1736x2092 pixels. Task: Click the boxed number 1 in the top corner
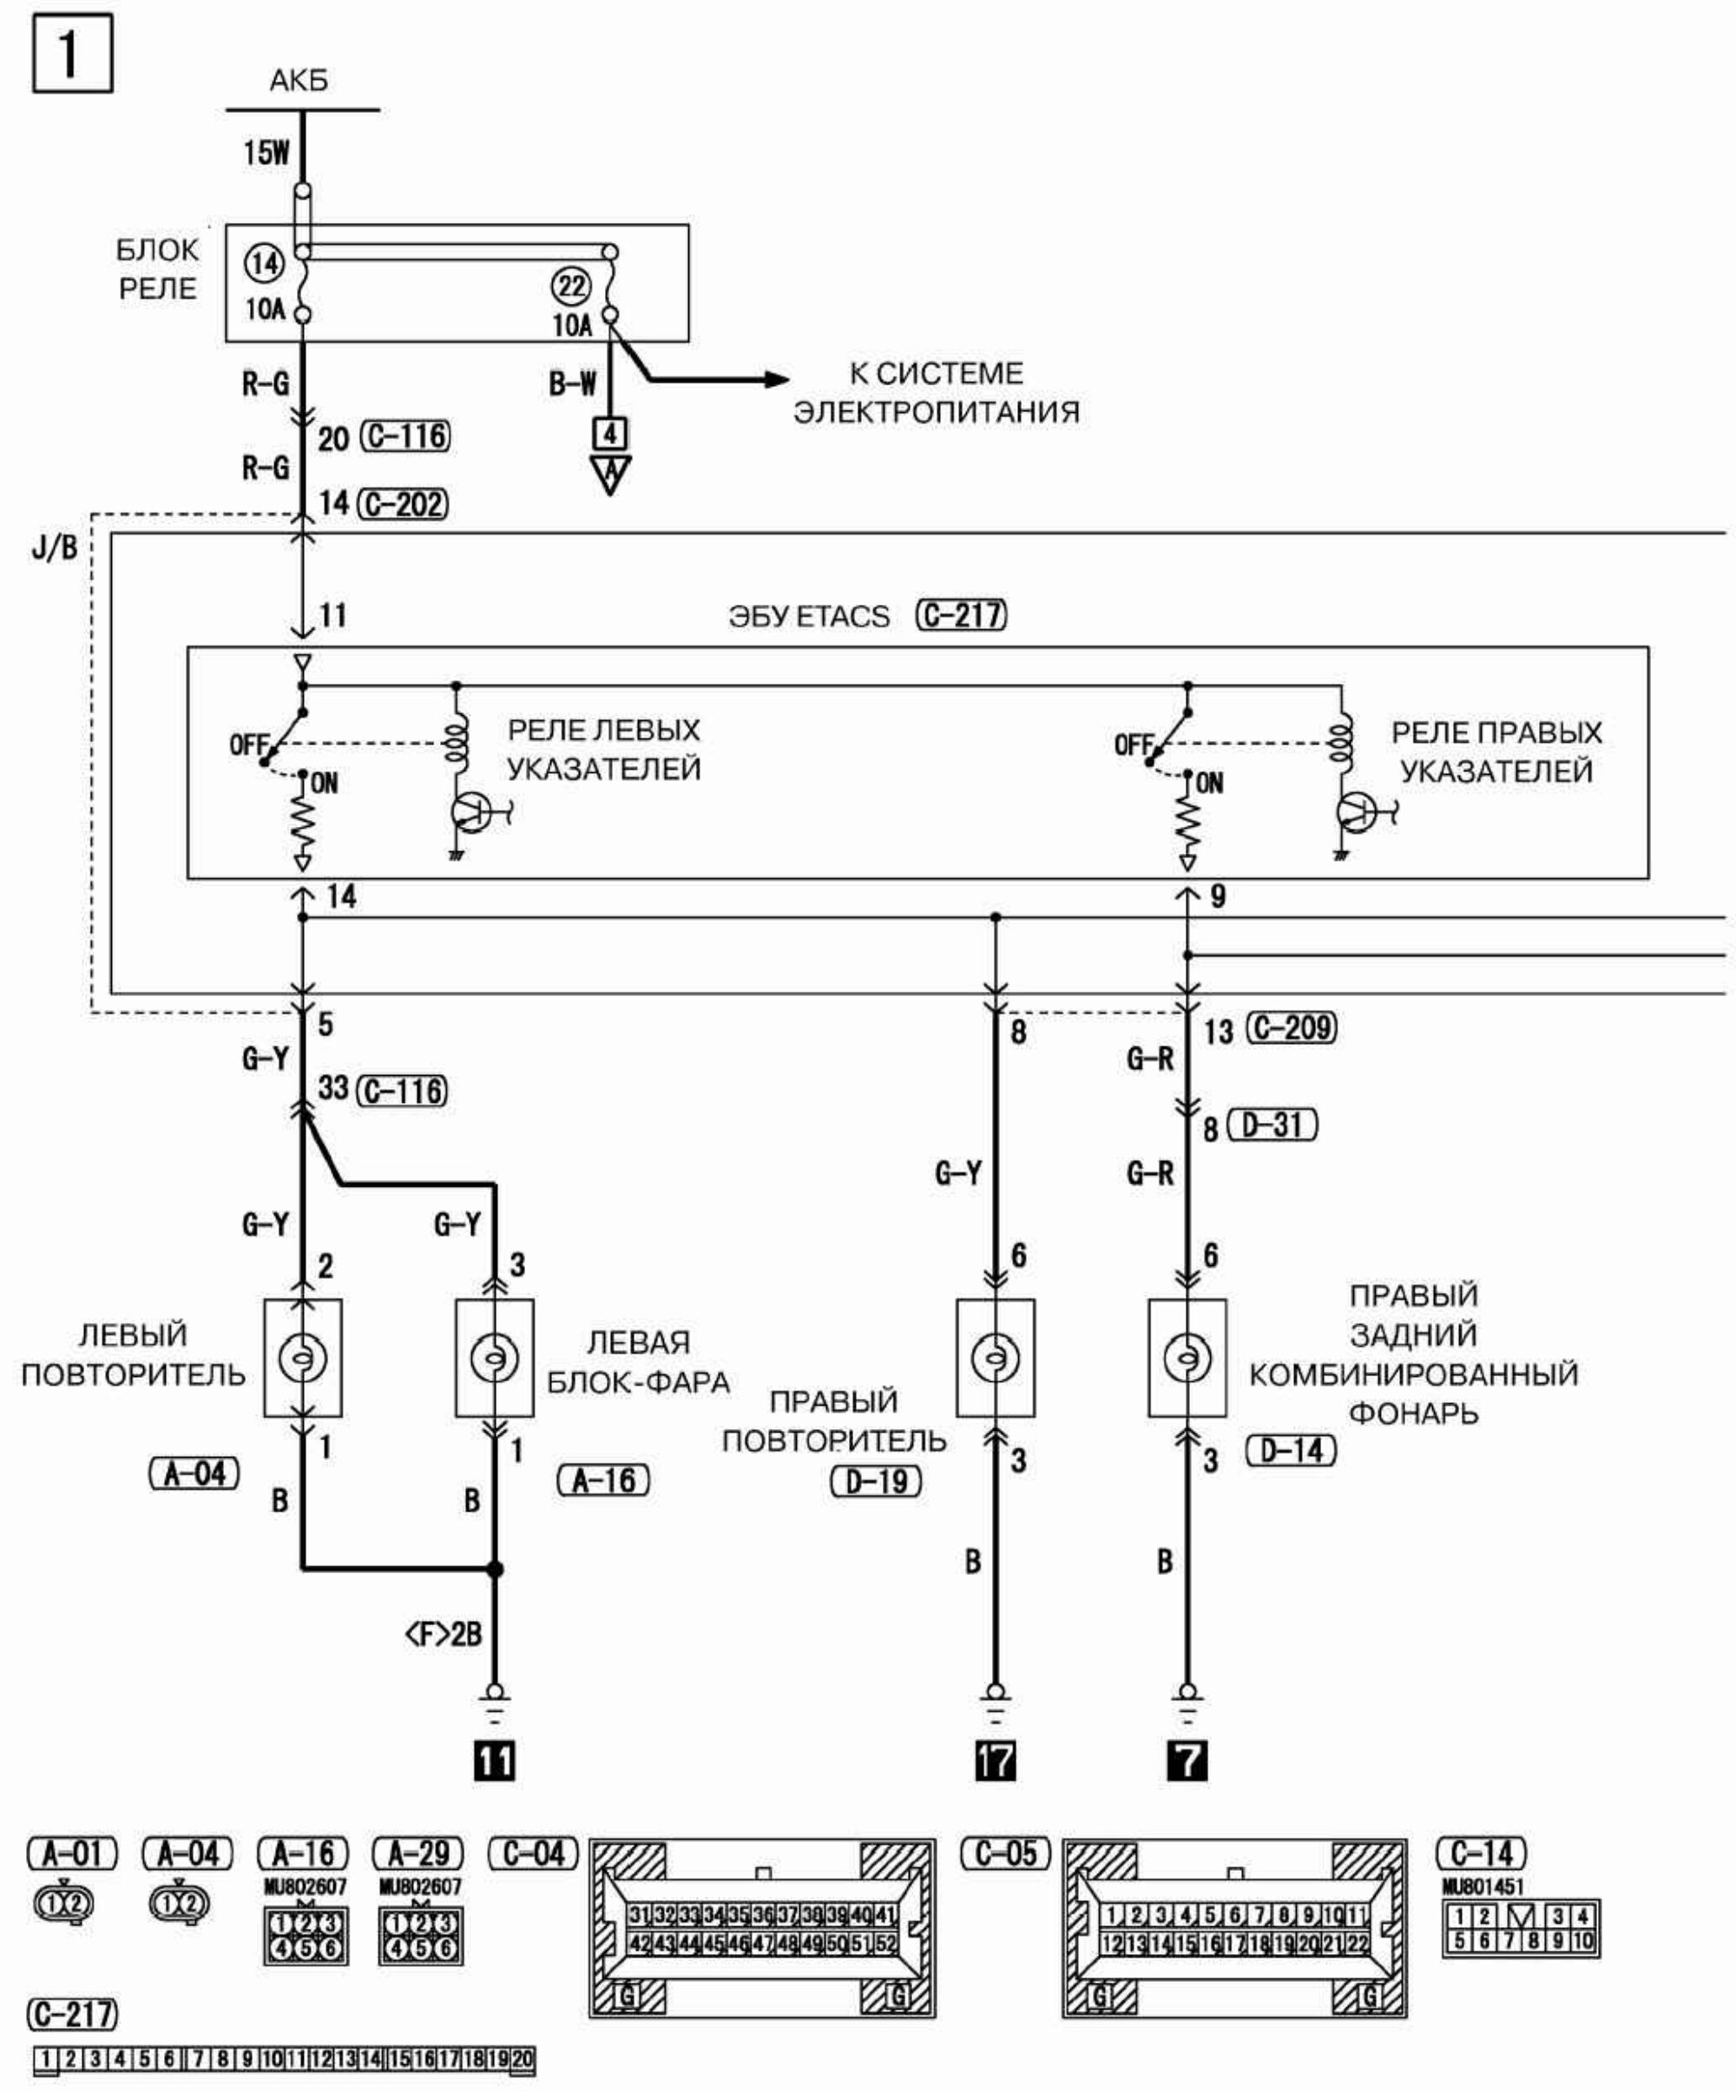72,54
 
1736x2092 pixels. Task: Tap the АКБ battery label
298,81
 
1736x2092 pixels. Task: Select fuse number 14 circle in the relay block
264,264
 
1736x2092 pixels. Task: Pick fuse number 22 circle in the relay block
571,288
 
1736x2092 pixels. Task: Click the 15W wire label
266,153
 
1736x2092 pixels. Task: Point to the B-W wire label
572,384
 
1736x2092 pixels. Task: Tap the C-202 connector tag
404,504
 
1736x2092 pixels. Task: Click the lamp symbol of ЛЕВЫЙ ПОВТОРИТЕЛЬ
303,1358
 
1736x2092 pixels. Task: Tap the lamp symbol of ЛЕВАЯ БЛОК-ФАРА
494,1358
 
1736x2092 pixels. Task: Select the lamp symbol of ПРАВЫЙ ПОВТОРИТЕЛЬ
995,1358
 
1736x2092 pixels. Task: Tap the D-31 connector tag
1272,1125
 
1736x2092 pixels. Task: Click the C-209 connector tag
1292,1028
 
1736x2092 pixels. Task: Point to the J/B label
54,547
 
